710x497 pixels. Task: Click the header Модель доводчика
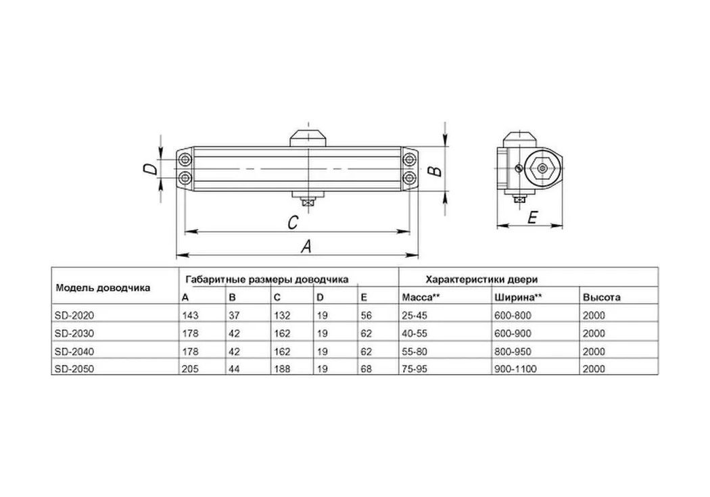click(103, 287)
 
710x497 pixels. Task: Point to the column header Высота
click(601, 297)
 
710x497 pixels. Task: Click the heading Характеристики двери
click(481, 279)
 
